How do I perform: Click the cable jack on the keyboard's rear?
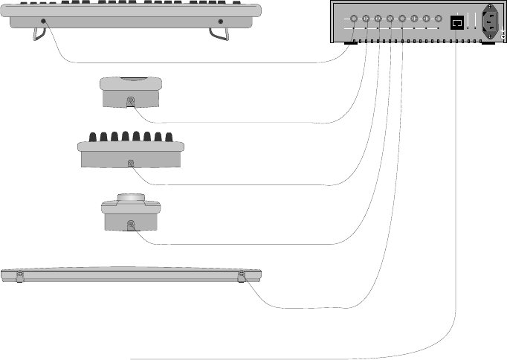[44, 22]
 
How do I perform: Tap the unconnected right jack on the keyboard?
[221, 22]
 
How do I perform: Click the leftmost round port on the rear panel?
[354, 19]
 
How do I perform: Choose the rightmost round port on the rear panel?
[439, 19]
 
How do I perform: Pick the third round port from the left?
[378, 19]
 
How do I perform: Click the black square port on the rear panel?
[458, 22]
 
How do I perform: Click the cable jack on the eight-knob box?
[132, 162]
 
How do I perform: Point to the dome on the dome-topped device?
[131, 197]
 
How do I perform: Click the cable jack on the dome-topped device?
[132, 224]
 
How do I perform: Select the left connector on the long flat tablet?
[19, 277]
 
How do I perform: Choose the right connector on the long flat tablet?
[241, 277]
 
